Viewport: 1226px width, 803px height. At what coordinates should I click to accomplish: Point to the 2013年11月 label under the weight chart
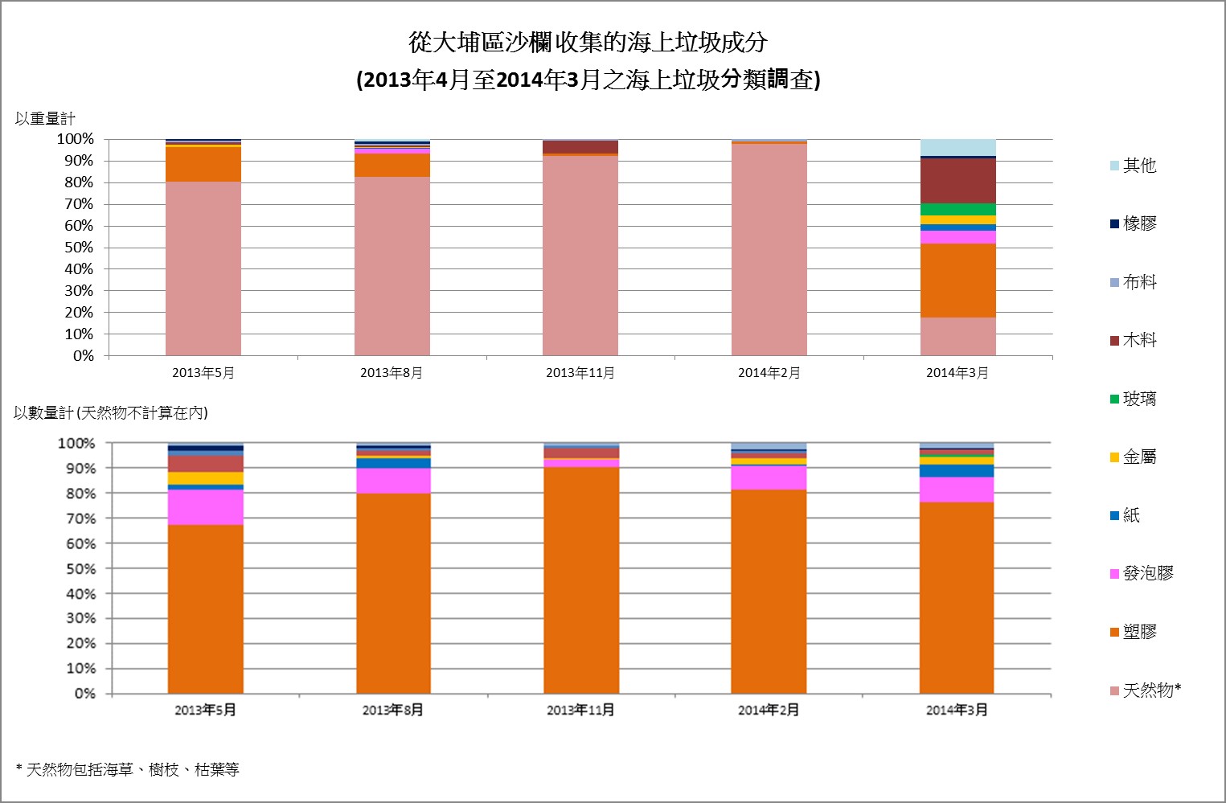point(580,373)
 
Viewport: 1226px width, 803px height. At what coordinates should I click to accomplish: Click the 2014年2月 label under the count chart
point(769,710)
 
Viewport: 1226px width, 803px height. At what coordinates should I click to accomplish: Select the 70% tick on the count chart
point(80,518)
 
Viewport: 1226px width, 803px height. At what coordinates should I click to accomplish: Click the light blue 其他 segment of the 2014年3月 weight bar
point(957,147)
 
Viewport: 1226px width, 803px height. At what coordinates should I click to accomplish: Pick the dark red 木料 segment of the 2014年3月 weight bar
point(957,181)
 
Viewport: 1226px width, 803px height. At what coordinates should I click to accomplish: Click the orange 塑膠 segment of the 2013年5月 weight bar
point(203,164)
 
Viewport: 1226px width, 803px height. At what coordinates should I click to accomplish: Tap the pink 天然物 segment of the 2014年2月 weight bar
point(769,249)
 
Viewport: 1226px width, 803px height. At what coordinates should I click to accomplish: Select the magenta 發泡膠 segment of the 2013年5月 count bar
point(206,506)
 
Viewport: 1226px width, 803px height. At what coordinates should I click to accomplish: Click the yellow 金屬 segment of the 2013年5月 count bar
point(206,478)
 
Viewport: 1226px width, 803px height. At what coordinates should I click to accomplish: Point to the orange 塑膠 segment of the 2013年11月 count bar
point(581,579)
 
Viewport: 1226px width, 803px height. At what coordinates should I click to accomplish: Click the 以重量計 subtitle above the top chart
point(45,119)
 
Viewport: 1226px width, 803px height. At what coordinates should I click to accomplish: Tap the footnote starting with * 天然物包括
point(128,770)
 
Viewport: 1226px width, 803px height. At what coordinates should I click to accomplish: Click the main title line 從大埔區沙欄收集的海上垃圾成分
point(588,43)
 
